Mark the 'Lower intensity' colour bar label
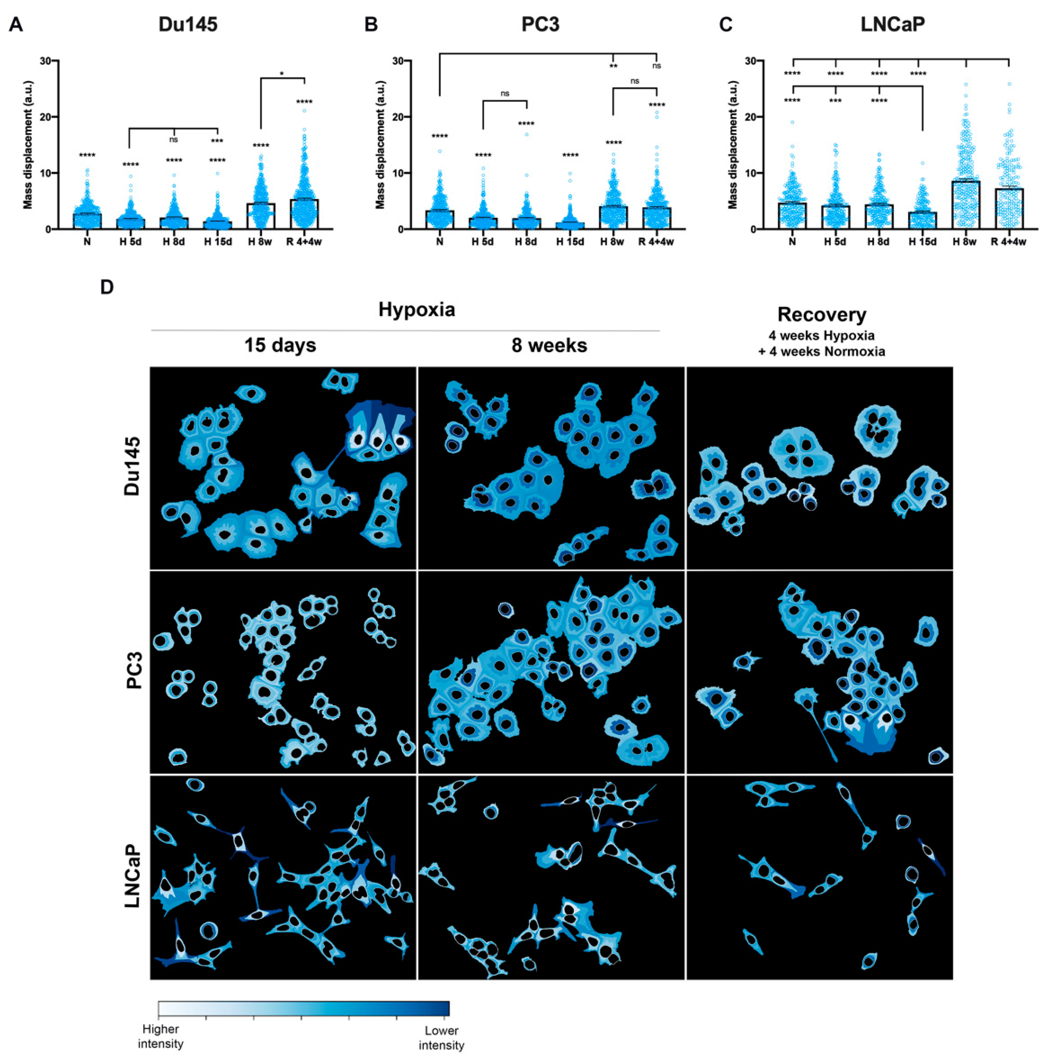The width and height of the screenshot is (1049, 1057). pos(441,1037)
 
